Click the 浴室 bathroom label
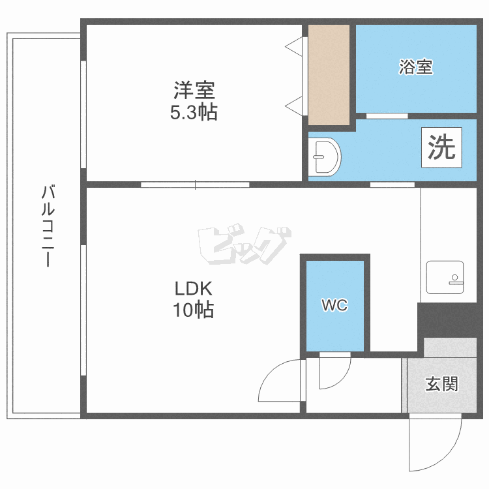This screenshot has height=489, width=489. tap(416, 67)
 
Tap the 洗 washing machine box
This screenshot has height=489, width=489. tap(441, 149)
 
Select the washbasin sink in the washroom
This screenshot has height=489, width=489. tap(324, 156)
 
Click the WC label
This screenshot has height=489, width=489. tap(334, 305)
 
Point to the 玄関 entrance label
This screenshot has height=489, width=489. tap(441, 383)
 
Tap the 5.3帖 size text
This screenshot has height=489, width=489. tap(194, 113)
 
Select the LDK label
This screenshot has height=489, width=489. tap(194, 288)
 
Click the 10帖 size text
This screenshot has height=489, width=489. tap(194, 311)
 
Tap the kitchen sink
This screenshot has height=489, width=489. tap(445, 277)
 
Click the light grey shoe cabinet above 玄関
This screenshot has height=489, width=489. tap(450, 348)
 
